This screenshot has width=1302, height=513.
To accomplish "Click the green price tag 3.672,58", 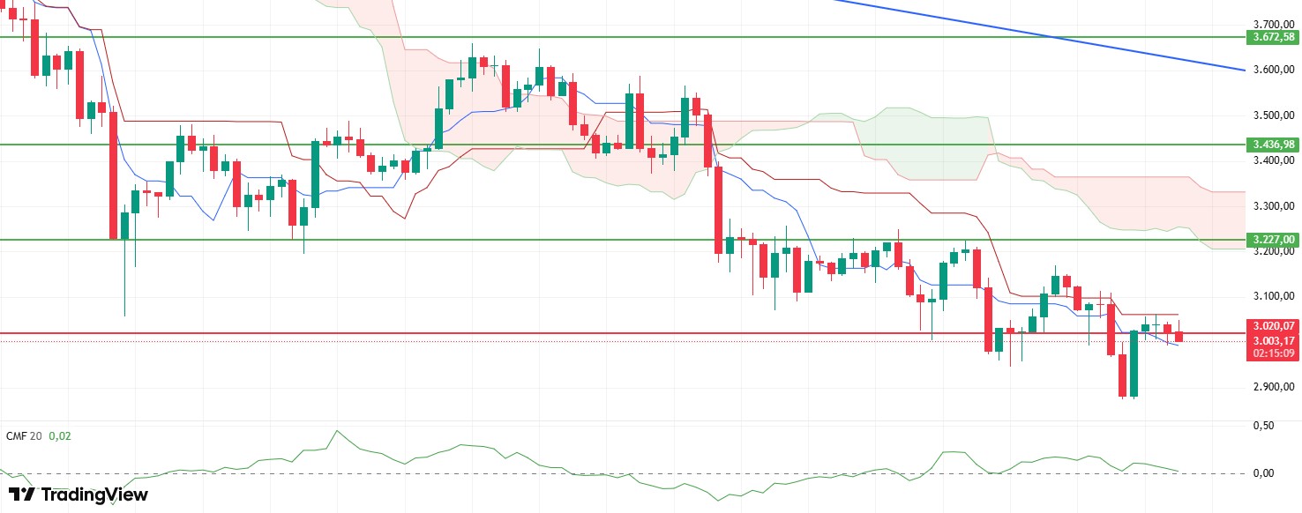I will tap(1271, 37).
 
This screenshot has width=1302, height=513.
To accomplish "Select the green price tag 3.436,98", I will tap(1271, 144).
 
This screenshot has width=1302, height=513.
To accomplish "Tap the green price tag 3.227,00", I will tap(1271, 239).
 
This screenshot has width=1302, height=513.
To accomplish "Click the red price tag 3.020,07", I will tap(1271, 326).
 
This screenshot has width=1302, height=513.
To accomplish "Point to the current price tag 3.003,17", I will tap(1271, 340).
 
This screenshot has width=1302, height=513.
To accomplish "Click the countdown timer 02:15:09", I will tap(1271, 353).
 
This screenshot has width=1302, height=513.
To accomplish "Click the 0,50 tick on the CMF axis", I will tap(1263, 425).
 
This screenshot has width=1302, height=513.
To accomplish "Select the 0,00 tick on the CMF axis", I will tap(1263, 473).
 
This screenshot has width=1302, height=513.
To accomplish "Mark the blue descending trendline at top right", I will tap(1041, 36).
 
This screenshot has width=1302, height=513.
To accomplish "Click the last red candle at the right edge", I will tap(1179, 337).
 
